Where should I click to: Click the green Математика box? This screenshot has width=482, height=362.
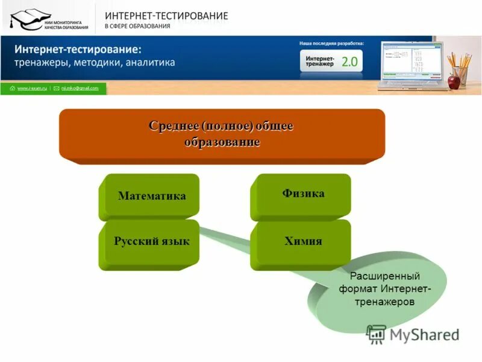coord(151,196)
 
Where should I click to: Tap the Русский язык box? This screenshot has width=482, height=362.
coord(151,242)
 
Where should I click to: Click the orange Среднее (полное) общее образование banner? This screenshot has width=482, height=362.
coord(222,134)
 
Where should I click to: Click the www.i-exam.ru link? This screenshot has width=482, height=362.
coord(31,89)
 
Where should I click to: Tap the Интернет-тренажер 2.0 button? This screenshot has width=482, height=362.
coord(331,61)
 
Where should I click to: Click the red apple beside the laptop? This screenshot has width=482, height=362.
coord(454,81)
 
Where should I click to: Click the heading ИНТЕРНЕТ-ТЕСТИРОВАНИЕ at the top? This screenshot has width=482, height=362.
coord(166,16)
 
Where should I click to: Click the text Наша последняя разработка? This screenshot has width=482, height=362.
coord(331,43)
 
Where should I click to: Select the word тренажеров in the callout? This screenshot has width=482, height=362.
coord(384,302)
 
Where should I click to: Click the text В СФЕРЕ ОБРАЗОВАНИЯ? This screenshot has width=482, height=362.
coord(137,27)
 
